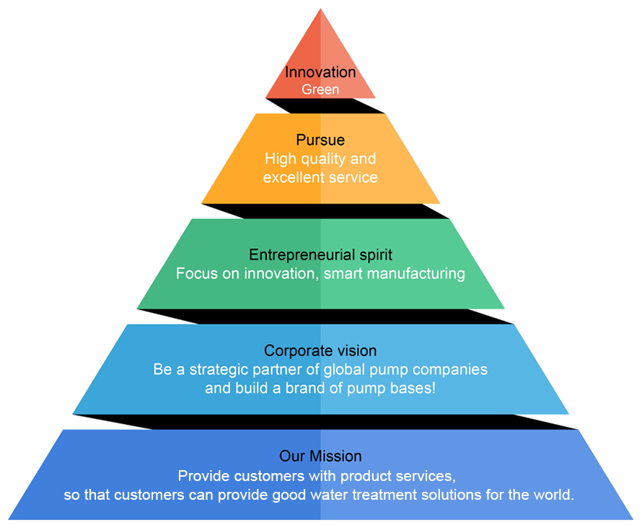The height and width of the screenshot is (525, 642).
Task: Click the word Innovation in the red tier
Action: coord(320,72)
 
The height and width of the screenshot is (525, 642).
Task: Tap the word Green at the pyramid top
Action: coord(320,89)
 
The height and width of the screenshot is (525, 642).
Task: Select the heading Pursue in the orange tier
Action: coord(320,140)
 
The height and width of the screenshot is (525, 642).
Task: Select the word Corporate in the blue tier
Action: coord(296,350)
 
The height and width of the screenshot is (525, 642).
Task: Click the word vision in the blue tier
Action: coord(353,350)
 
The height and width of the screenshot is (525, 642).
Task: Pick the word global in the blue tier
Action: coord(346,369)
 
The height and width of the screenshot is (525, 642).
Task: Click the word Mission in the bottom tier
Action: coord(335,456)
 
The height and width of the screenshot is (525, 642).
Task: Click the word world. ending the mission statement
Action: coord(555,495)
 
